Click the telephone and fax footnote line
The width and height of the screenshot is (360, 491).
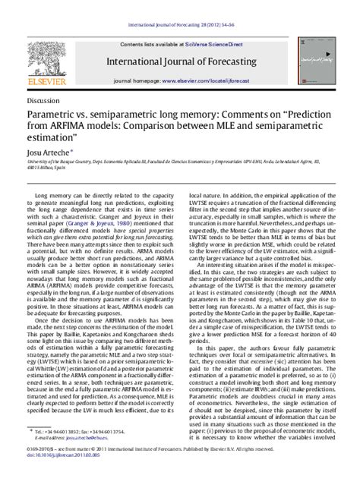(x=86, y=431)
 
